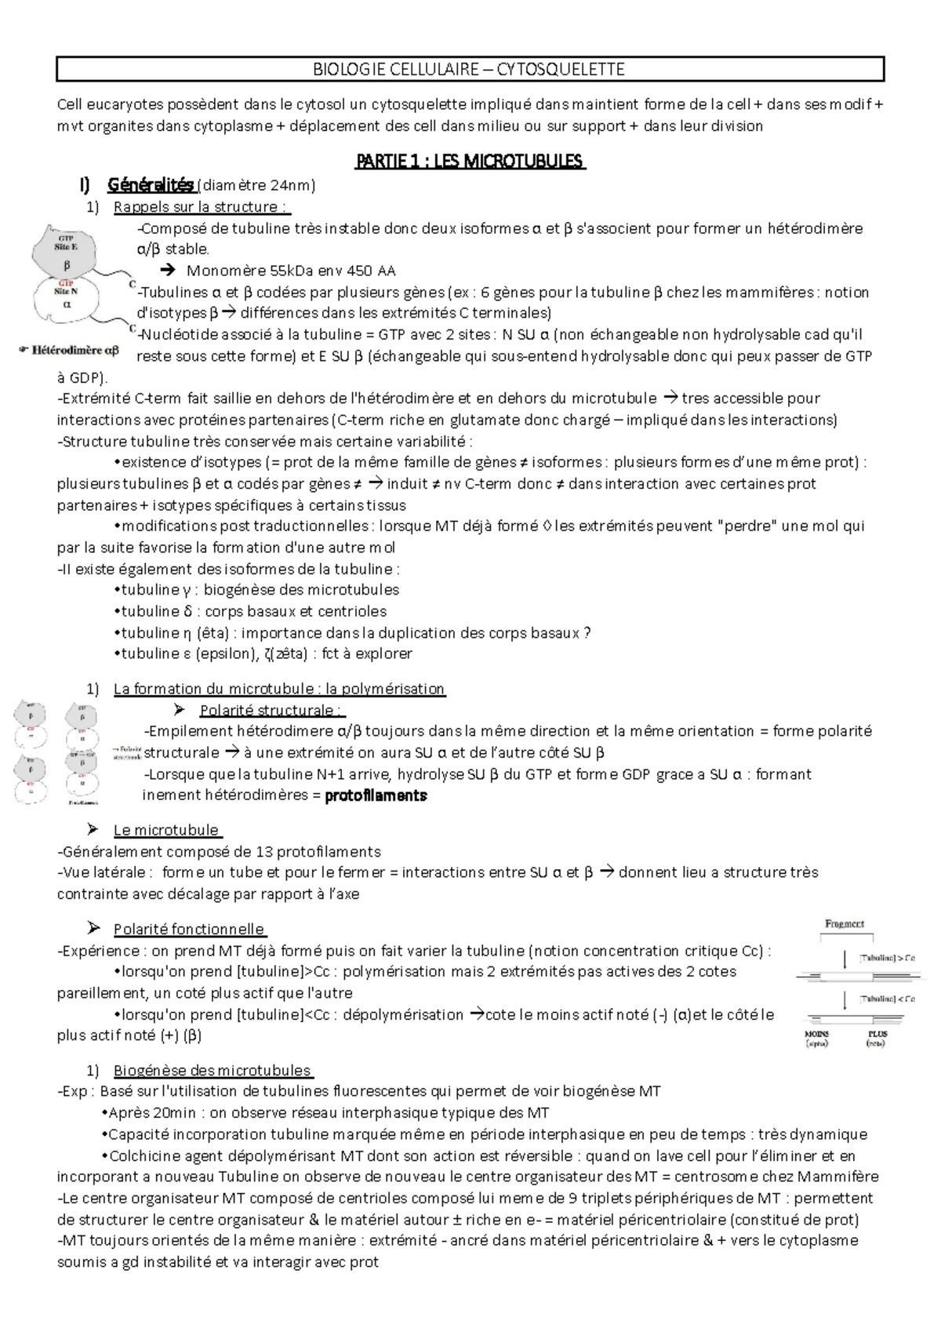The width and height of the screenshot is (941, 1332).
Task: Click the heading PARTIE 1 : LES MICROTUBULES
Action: tap(470, 162)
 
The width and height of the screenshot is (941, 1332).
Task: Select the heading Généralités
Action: tap(151, 185)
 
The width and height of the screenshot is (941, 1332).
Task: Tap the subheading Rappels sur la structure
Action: tap(202, 207)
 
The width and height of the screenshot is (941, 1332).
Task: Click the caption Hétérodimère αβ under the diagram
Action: tap(74, 351)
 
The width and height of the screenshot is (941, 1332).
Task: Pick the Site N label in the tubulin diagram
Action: tap(66, 291)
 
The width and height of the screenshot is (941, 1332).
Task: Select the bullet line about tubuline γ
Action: tap(259, 590)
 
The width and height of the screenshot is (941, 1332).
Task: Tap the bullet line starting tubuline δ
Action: tap(253, 611)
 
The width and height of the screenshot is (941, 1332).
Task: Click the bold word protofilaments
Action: tap(376, 795)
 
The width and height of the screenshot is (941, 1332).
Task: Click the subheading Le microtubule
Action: tap(166, 830)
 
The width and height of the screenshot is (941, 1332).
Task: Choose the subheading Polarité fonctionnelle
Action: tap(188, 930)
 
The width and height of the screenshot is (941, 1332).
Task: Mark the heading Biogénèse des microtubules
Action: tap(212, 1071)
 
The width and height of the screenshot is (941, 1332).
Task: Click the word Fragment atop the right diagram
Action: tap(845, 924)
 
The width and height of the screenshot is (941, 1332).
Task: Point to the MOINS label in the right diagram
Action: tap(816, 1034)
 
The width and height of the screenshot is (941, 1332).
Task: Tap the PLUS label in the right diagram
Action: tap(877, 1034)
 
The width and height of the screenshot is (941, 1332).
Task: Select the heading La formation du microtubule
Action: tap(279, 690)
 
